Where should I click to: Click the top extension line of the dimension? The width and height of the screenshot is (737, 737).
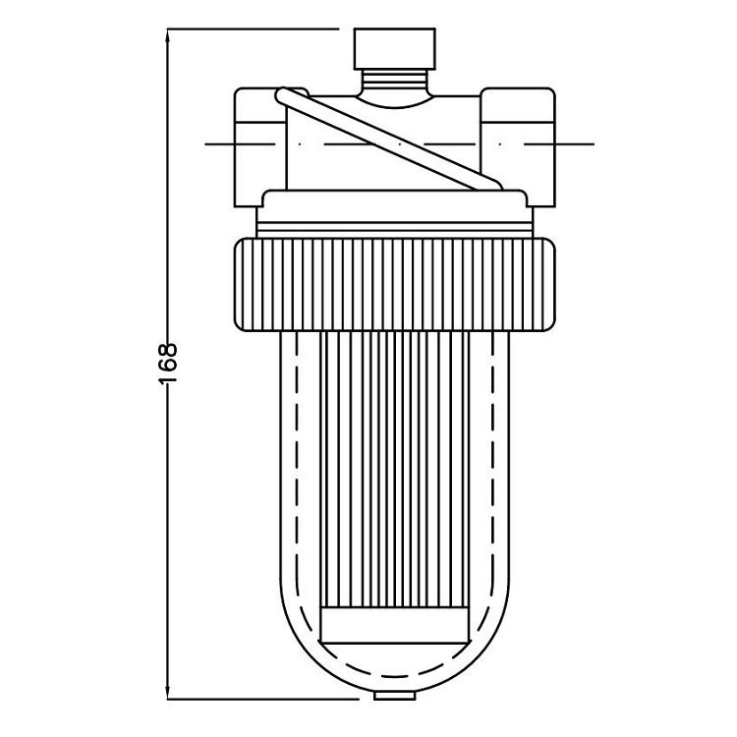pos(255,29)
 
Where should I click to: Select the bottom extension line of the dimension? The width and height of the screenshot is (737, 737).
pos(265,699)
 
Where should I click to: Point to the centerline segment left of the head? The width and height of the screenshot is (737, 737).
pos(220,143)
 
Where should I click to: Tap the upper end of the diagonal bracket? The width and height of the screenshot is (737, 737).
pos(283,95)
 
